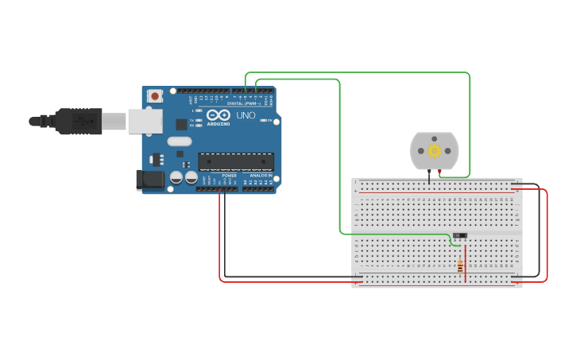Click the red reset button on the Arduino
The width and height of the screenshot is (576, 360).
click(x=155, y=96)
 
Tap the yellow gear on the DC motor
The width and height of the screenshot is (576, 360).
click(x=434, y=150)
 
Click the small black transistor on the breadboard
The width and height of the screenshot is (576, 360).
click(x=459, y=235)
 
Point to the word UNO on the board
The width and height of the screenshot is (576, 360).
click(x=245, y=115)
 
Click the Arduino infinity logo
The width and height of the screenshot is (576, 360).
click(x=218, y=115)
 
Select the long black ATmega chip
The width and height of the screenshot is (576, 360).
click(x=236, y=161)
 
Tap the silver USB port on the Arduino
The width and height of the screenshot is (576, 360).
click(x=145, y=121)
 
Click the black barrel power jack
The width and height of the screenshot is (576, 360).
click(x=150, y=180)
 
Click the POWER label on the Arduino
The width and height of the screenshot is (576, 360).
click(x=229, y=175)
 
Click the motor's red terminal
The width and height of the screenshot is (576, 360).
click(x=439, y=172)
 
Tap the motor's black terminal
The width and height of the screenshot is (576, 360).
click(x=428, y=172)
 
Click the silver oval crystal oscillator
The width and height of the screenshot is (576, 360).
click(x=180, y=141)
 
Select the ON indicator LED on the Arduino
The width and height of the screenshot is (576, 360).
click(x=265, y=120)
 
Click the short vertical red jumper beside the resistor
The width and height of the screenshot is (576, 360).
click(x=466, y=262)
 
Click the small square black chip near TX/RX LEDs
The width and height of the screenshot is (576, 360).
click(x=181, y=124)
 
